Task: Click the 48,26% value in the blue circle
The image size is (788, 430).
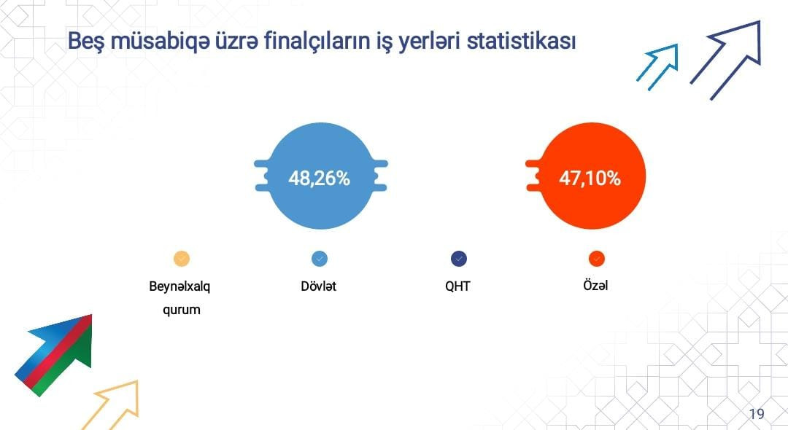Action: [x=319, y=178]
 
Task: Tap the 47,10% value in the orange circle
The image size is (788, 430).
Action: [x=590, y=178]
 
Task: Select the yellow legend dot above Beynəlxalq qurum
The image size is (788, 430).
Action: [x=182, y=259]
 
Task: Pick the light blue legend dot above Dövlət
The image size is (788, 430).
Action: [x=320, y=259]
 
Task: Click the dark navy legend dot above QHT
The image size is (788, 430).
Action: [x=459, y=259]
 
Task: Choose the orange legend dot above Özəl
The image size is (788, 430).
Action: [x=597, y=259]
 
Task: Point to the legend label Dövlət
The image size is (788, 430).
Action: [x=319, y=286]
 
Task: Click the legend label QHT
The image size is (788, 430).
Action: [x=457, y=286]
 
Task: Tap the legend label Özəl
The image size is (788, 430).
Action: [x=595, y=285]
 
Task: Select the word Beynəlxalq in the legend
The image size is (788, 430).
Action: [x=180, y=287]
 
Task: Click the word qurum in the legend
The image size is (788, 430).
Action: [x=182, y=310]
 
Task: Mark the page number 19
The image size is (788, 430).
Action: [x=757, y=414]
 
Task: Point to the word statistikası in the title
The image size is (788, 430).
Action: [x=521, y=41]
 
